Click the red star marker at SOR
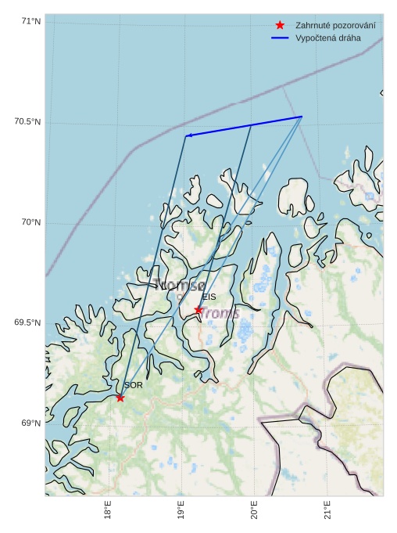pyautogui.click(x=120, y=398)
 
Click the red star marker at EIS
pyautogui.click(x=198, y=310)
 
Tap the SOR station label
pyautogui.click(x=133, y=385)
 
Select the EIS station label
pyautogui.click(x=209, y=297)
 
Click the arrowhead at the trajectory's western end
pyautogui.click(x=188, y=136)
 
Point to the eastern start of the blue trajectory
pyautogui.click(x=302, y=117)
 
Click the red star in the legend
pyautogui.click(x=280, y=25)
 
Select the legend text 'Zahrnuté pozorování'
pyautogui.click(x=335, y=26)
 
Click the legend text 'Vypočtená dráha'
pyautogui.click(x=328, y=38)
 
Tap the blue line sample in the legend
pyautogui.click(x=280, y=38)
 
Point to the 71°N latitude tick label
pyautogui.click(x=30, y=21)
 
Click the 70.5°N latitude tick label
pyautogui.click(x=27, y=122)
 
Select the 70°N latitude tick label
pyautogui.click(x=30, y=223)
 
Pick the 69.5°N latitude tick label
pyautogui.click(x=27, y=323)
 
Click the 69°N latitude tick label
pyautogui.click(x=30, y=423)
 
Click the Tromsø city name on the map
pyautogui.click(x=180, y=285)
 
